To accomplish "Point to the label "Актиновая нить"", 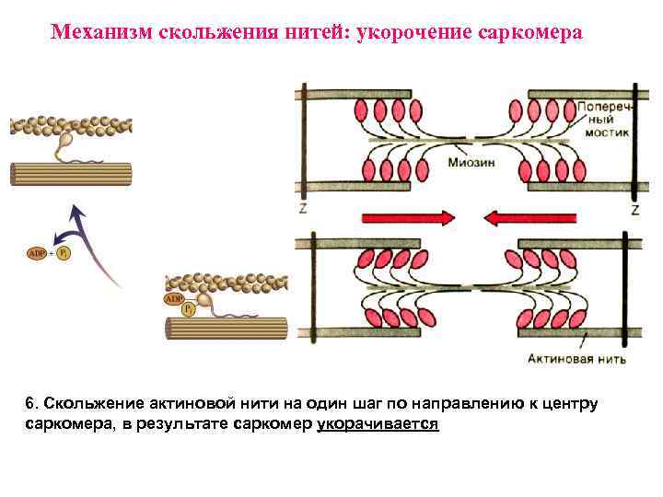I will click(x=579, y=359).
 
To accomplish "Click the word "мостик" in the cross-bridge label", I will click(x=605, y=133).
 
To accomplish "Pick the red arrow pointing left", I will click(x=529, y=218).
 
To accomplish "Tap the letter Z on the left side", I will click(x=303, y=210).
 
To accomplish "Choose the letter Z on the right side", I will click(x=634, y=210).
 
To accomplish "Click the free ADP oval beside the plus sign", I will click(x=38, y=253).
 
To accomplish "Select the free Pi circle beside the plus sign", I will click(x=63, y=253).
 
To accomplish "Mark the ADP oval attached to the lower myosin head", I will click(x=173, y=298).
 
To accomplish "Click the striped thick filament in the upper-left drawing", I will click(x=70, y=174).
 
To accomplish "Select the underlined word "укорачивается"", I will click(x=378, y=424).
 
